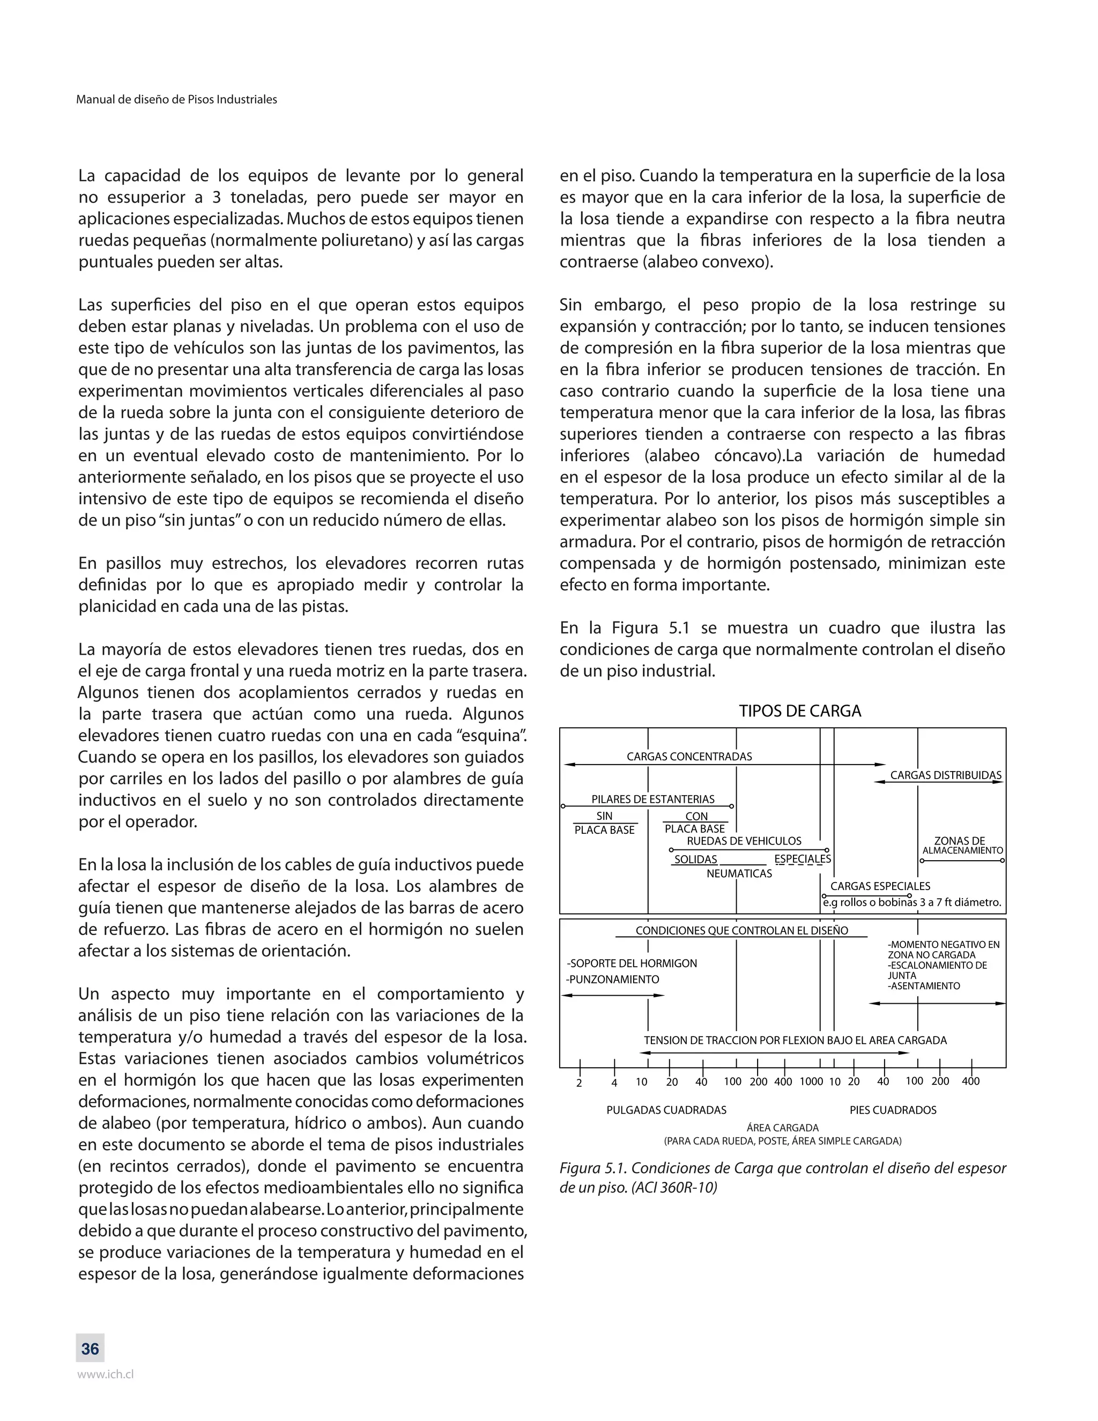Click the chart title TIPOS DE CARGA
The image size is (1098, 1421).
pyautogui.click(x=799, y=711)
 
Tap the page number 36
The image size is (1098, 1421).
pyautogui.click(x=90, y=1349)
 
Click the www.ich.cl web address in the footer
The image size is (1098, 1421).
pyautogui.click(x=106, y=1375)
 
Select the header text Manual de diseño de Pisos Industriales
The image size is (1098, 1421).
pyautogui.click(x=176, y=100)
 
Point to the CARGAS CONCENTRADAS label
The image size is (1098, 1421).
pyautogui.click(x=689, y=757)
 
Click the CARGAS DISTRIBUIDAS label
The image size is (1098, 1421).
pyautogui.click(x=945, y=775)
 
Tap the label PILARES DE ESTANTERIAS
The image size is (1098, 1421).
pyautogui.click(x=652, y=799)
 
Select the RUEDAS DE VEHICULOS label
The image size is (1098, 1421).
pyautogui.click(x=744, y=841)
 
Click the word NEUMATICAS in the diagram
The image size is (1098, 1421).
pyautogui.click(x=739, y=874)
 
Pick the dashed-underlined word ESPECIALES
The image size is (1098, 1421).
pyautogui.click(x=803, y=859)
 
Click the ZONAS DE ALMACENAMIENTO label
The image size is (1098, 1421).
pyautogui.click(x=962, y=846)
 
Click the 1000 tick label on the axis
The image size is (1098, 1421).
pyautogui.click(x=811, y=1082)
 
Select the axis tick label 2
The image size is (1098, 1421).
pyautogui.click(x=579, y=1083)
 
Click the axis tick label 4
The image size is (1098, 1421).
pyautogui.click(x=614, y=1083)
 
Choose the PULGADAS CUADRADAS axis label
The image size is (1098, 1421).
pyautogui.click(x=666, y=1110)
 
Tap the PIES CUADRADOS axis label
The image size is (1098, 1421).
pyautogui.click(x=893, y=1110)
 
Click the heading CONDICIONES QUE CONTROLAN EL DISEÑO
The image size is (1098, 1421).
pyautogui.click(x=741, y=931)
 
